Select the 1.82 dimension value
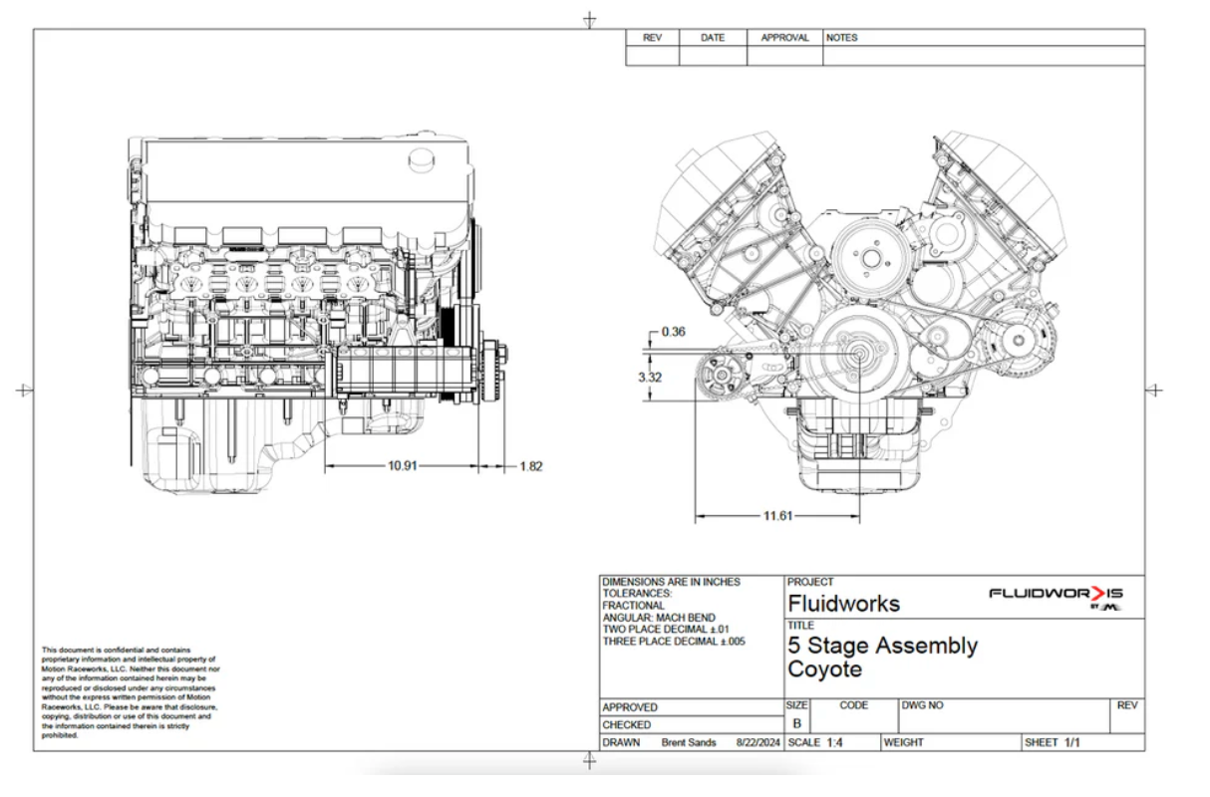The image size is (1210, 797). pos(530,466)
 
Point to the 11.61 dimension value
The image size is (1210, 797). pos(778,516)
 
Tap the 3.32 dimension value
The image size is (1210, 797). pos(650,378)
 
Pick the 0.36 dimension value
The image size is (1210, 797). pos(673,332)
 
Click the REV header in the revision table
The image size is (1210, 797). pos(652,38)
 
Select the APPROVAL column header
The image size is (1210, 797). pos(784,38)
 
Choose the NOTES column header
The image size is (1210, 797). pos(841,38)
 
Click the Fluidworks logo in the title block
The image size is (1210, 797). pos(1056,595)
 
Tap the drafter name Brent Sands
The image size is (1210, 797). pos(688,742)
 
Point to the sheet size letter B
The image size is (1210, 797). pos(796,724)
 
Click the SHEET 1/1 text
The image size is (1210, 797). pos(1053,742)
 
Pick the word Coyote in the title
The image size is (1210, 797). pos(824,669)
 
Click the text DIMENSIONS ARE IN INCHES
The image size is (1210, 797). pos(671,582)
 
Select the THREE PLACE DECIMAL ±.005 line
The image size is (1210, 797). pos(673,642)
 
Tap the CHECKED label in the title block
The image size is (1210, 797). pos(627,725)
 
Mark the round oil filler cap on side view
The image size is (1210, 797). pos(424,159)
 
